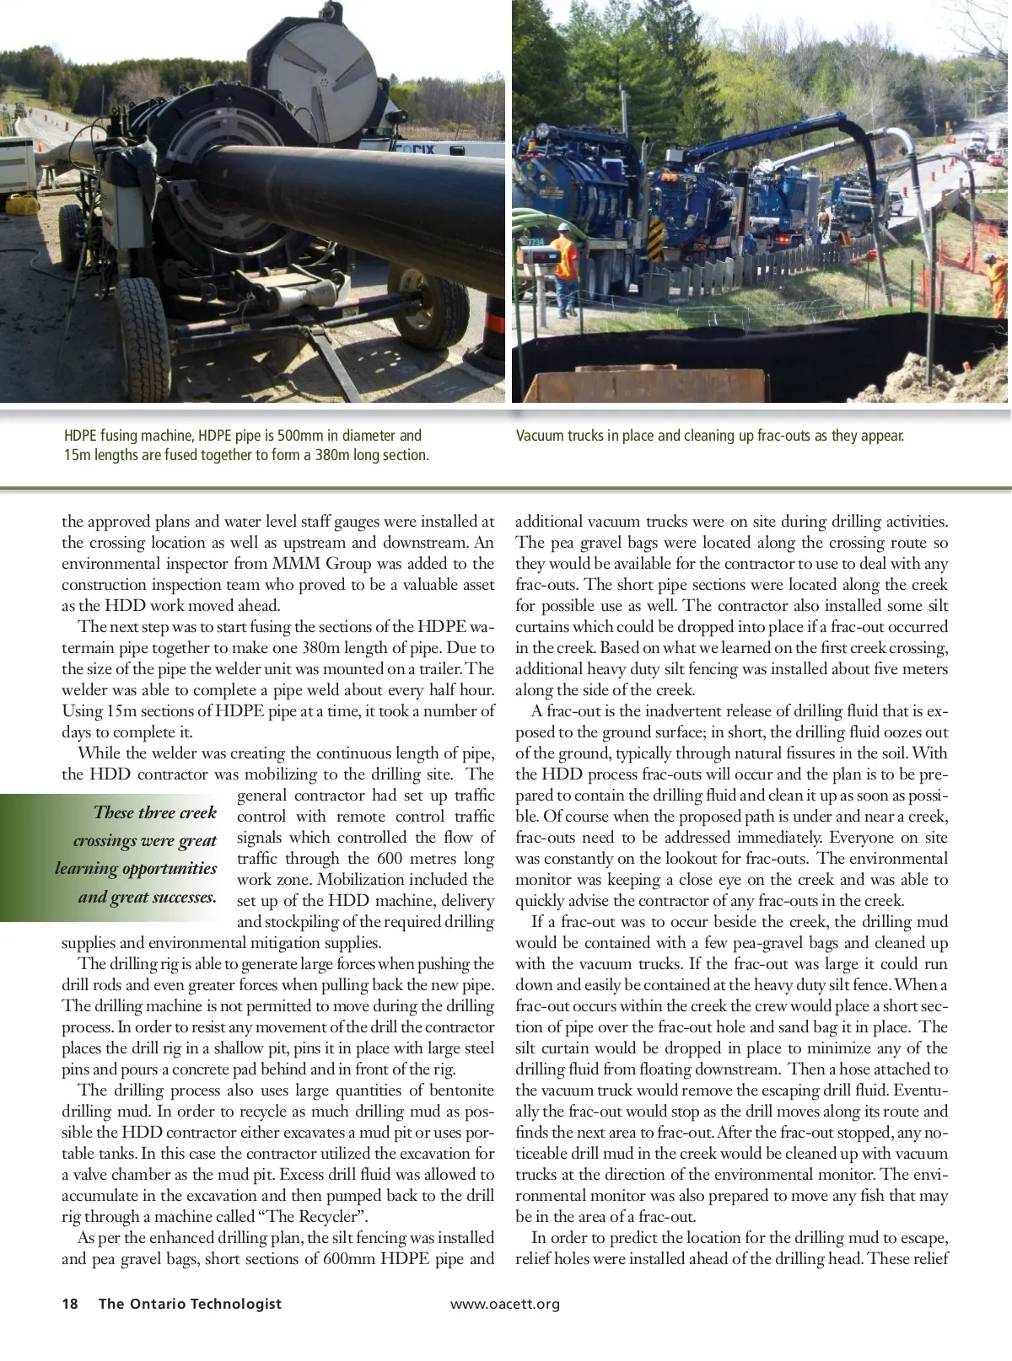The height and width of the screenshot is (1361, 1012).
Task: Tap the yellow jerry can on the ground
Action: click(x=21, y=203)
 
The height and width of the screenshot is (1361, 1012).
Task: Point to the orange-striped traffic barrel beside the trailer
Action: click(x=493, y=337)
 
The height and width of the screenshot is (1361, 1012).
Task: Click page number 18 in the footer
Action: click(x=70, y=1304)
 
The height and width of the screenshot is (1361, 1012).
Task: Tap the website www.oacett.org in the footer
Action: click(x=504, y=1304)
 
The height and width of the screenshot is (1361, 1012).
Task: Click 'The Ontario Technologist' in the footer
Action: click(x=190, y=1304)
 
